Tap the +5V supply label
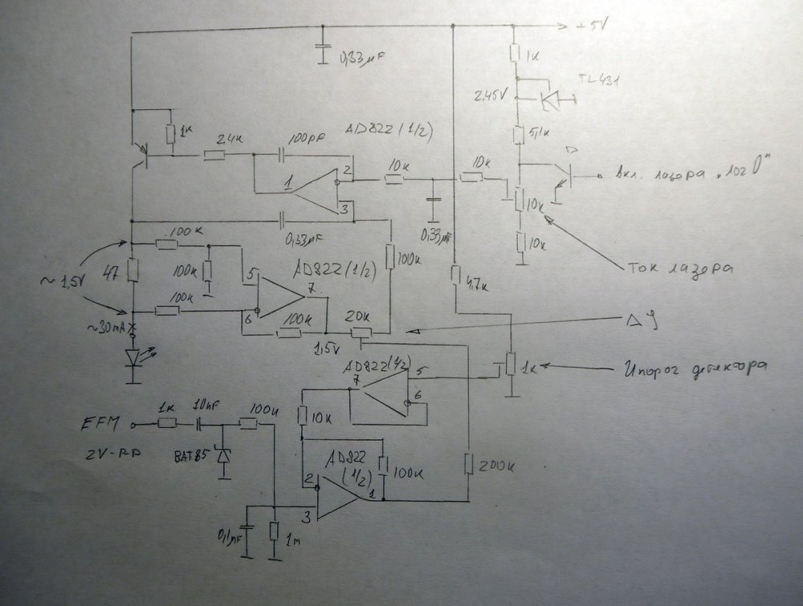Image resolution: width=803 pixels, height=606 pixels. tap(592, 26)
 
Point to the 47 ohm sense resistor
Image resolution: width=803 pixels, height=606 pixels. tap(133, 271)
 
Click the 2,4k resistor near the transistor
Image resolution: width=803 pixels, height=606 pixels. tap(214, 155)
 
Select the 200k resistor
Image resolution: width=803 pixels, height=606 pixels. tap(468, 464)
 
